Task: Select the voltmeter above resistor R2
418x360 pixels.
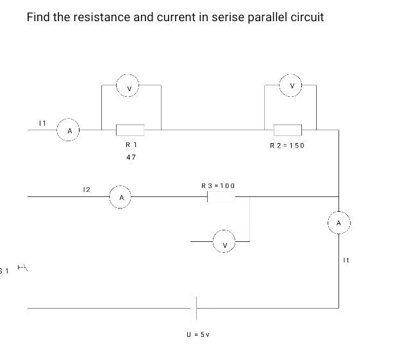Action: tap(292, 85)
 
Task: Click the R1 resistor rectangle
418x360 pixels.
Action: tap(130, 130)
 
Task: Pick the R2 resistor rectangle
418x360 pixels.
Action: tap(288, 130)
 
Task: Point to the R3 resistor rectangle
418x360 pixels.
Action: tap(221, 197)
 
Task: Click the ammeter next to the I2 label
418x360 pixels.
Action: tap(120, 196)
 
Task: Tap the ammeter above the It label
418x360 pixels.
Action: tap(339, 223)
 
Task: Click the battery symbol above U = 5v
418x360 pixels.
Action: tap(195, 308)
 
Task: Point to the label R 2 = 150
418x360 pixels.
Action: tap(287, 146)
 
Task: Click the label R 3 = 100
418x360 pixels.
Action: tap(218, 185)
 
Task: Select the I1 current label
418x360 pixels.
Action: tap(42, 121)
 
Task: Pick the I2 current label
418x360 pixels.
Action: tap(86, 189)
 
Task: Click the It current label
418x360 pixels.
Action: tap(346, 260)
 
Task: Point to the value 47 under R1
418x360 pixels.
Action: tap(131, 157)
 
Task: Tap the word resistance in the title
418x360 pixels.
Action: tap(99, 17)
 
